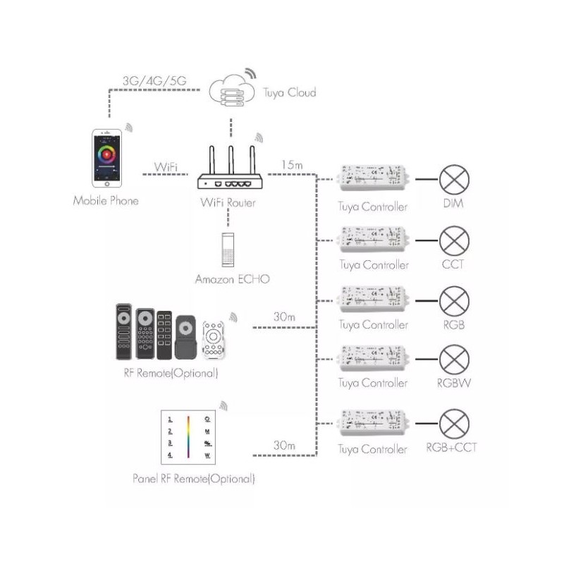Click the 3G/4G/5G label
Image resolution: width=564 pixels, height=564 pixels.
point(154,80)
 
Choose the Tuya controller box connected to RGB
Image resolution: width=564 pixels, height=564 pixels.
point(374,299)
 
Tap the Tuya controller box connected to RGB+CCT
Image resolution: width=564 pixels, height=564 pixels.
point(374,422)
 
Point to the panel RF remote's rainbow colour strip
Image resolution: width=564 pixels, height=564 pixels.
point(189,437)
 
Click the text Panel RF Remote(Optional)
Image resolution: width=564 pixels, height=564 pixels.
point(194,479)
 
